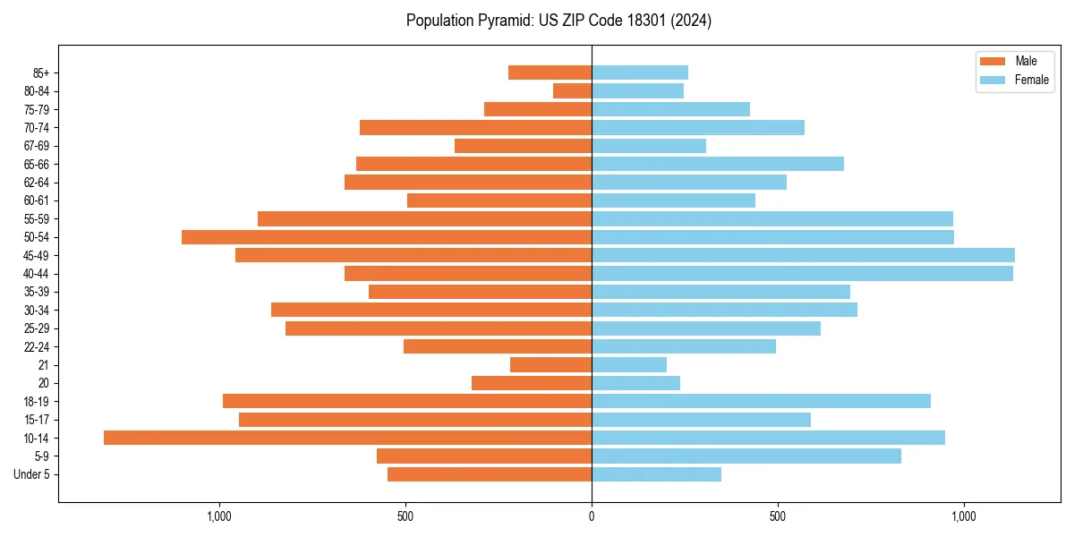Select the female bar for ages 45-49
803,255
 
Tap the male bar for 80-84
572,90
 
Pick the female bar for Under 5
656,474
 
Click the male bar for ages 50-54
387,237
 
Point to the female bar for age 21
629,365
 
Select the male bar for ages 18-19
407,401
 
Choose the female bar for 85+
640,72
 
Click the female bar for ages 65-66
718,164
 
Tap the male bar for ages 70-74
475,127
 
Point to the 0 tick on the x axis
592,516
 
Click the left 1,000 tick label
219,516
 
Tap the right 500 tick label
778,516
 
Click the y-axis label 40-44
37,274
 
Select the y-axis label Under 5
31,474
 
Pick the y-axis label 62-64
37,183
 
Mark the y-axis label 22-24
37,347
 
